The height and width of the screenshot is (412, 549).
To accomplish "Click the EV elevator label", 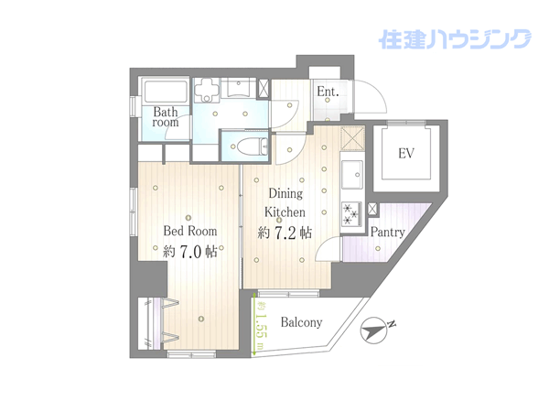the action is pos(406,153).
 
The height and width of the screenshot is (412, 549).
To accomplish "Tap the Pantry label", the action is pos(388,232).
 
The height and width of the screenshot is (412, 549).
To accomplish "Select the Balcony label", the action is pos(301,322).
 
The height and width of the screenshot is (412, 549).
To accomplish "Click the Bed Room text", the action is pos(190,231).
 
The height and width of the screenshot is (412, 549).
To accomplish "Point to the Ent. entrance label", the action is pos(328,92).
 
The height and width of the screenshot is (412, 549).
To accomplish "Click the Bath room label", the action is pos(166,117).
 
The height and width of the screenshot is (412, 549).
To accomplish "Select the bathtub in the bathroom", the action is pos(165,92).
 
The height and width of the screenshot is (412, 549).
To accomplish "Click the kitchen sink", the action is pos(352,175).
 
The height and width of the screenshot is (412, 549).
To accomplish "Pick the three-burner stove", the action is pos(351,213).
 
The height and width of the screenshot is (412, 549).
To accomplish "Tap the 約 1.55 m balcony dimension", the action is pos(260,325).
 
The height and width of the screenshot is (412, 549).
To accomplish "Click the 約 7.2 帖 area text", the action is pos(285,233).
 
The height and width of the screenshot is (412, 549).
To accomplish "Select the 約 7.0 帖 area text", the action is pos(190,251).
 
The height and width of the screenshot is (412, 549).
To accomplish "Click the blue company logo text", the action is pos(455,38).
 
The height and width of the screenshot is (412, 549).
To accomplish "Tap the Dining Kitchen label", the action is pos(285,202).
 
